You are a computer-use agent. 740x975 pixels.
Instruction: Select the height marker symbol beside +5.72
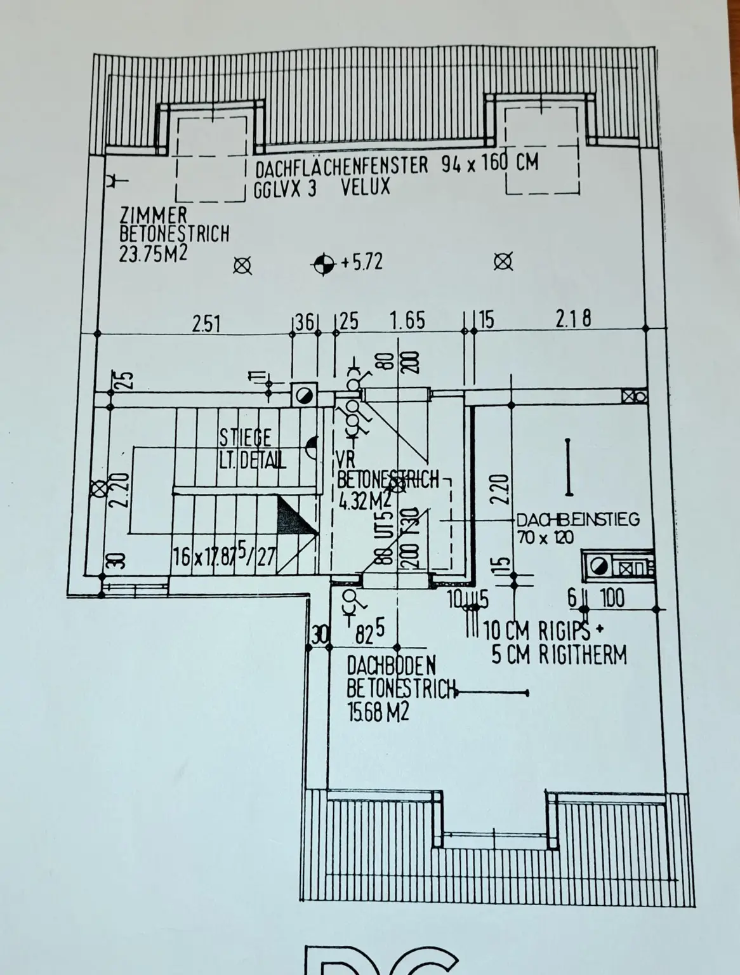coord(324,263)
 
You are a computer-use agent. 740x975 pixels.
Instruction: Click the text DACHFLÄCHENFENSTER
coord(341,168)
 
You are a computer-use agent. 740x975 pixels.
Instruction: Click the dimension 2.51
coord(206,324)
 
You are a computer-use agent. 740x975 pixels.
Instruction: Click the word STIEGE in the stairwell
coord(245,437)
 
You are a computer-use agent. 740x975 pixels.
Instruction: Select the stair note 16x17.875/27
coord(225,558)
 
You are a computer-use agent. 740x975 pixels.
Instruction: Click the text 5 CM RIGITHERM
coord(559,654)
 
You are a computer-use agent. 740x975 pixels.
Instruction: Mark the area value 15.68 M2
coord(378,712)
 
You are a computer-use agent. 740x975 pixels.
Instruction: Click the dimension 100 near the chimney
coord(611,598)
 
